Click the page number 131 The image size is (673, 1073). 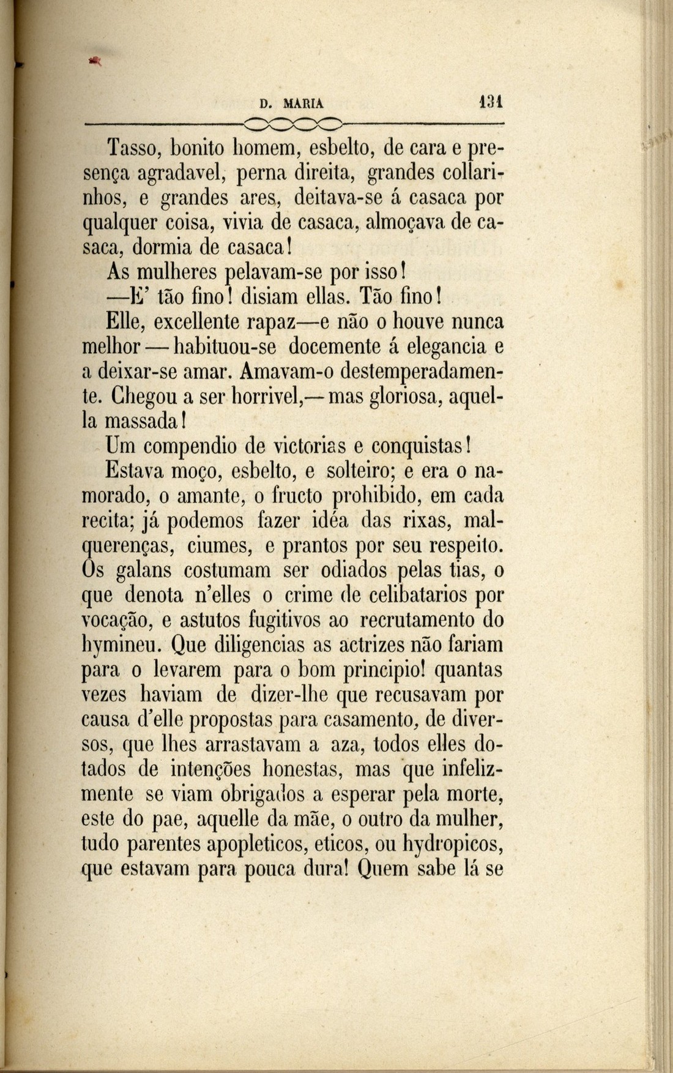[491, 101]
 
